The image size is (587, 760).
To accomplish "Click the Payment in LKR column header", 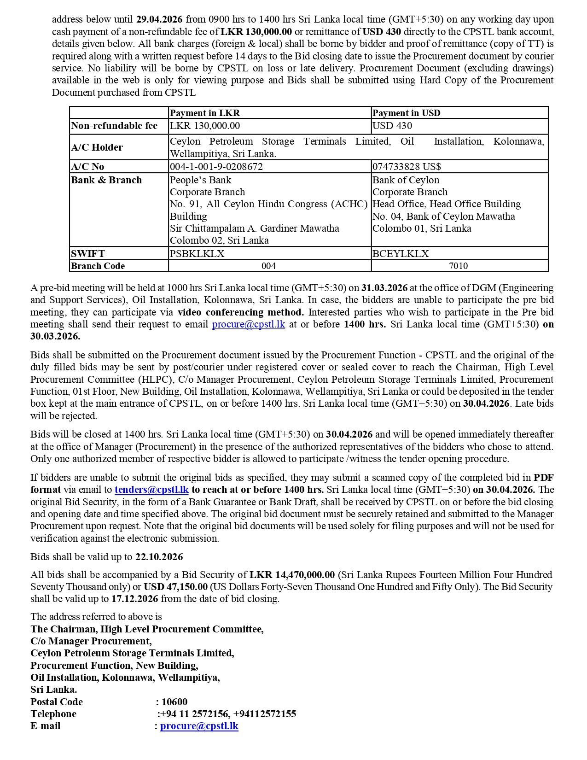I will coord(205,113).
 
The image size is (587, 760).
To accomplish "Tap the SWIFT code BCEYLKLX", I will coord(401,253).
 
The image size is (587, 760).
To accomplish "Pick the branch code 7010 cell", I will coord(458,266).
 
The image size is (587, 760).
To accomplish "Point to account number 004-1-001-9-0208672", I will coord(216,166).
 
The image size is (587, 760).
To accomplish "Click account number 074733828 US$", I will coord(407,166).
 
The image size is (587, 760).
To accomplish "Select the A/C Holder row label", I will coord(97,147).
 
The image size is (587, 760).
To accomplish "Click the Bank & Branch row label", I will coord(106,180).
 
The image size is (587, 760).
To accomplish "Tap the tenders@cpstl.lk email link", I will coord(151,490).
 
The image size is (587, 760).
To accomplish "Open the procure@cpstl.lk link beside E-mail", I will coord(199,726).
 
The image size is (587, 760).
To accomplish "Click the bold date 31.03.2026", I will coord(384,288).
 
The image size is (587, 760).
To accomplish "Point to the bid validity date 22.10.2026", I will coord(159,557).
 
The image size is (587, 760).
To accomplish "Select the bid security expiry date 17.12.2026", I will coord(134,599).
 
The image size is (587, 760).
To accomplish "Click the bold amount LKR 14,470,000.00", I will coord(292,575).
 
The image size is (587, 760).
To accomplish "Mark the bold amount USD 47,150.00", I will coord(175,587).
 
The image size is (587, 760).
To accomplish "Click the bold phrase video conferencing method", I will coord(240,312).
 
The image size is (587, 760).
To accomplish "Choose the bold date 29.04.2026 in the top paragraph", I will coord(159,19).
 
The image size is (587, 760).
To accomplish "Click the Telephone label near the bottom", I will coord(53,714).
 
